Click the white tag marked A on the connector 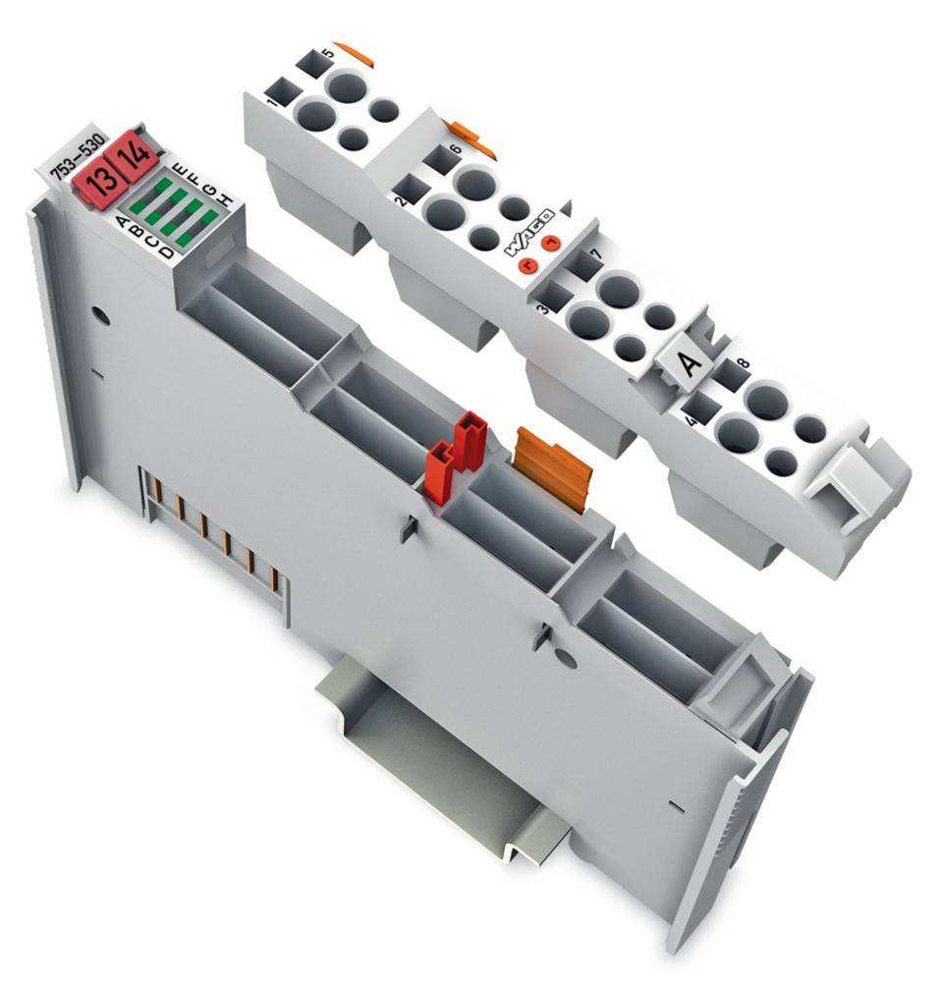[x=690, y=362]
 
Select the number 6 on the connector [x=454, y=150]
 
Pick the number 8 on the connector [x=743, y=365]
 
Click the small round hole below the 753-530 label [x=98, y=316]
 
